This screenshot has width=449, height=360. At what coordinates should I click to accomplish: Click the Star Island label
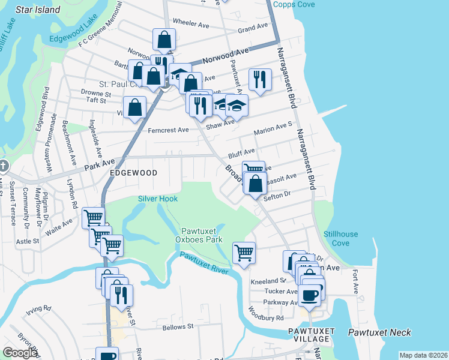[x=38, y=10]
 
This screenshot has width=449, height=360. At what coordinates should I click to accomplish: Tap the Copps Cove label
[x=294, y=4]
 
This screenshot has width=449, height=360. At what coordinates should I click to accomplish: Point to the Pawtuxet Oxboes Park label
[x=202, y=235]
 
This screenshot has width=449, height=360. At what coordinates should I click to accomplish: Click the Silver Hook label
[x=157, y=199]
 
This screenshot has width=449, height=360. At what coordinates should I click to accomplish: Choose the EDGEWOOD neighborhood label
[x=133, y=173]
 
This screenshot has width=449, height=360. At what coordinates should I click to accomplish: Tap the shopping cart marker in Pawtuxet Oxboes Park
[x=244, y=253]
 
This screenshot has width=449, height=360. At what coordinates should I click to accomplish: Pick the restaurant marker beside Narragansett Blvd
[x=259, y=79]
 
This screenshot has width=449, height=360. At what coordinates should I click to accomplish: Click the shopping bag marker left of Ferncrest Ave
[x=136, y=108]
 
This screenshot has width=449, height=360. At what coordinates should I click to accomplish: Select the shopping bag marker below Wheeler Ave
[x=164, y=40]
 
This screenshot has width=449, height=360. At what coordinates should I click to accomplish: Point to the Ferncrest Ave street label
[x=168, y=130]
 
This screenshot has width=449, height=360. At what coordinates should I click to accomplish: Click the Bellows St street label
[x=178, y=327]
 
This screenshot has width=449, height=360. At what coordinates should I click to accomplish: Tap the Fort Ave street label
[x=356, y=281]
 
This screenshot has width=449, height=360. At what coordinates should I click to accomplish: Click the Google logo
[x=19, y=353]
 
